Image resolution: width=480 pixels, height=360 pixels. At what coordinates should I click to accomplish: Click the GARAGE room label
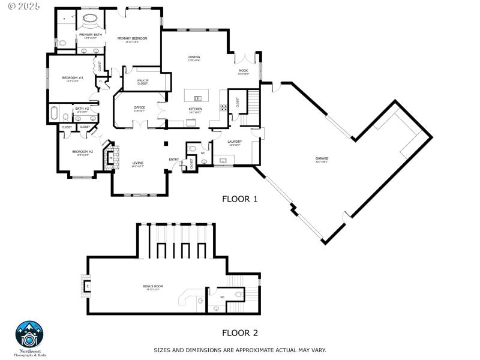322,159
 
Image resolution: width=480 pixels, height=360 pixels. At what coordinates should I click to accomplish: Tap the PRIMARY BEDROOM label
133,40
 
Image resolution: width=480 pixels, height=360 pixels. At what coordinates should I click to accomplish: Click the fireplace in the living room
109,157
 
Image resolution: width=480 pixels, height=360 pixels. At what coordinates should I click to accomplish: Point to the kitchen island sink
197,98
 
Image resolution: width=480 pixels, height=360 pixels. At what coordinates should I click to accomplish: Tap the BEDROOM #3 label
73,78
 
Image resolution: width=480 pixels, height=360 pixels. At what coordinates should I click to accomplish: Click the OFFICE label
139,109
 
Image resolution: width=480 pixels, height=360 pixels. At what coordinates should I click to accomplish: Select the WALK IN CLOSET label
142,82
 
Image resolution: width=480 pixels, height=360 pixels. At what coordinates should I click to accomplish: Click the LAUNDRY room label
235,142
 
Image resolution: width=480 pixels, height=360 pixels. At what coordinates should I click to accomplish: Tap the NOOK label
243,71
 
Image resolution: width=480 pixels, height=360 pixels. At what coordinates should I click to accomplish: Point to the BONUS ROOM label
153,287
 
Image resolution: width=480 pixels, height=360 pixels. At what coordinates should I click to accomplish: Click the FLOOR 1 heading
239,199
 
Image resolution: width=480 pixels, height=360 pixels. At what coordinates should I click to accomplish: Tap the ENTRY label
174,160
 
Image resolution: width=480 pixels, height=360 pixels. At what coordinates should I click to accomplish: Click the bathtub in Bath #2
54,113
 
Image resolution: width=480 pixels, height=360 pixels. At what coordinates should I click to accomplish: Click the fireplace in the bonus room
86,286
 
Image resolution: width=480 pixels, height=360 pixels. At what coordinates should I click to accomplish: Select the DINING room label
194,58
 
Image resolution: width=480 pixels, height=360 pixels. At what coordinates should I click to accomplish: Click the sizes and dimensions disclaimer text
240,350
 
